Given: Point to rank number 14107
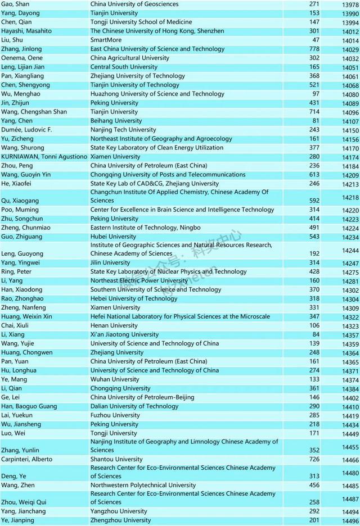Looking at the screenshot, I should [x=350, y=121].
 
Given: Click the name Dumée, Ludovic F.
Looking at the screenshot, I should [x=26, y=130].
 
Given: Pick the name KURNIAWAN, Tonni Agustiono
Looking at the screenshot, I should [x=44, y=157].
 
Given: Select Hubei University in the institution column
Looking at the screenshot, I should [x=113, y=237].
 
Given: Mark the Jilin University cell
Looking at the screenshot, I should [x=110, y=262].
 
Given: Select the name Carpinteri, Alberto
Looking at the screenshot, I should [x=29, y=459].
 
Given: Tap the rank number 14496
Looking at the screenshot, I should [x=350, y=521].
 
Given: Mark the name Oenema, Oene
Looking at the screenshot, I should [x=21, y=58].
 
